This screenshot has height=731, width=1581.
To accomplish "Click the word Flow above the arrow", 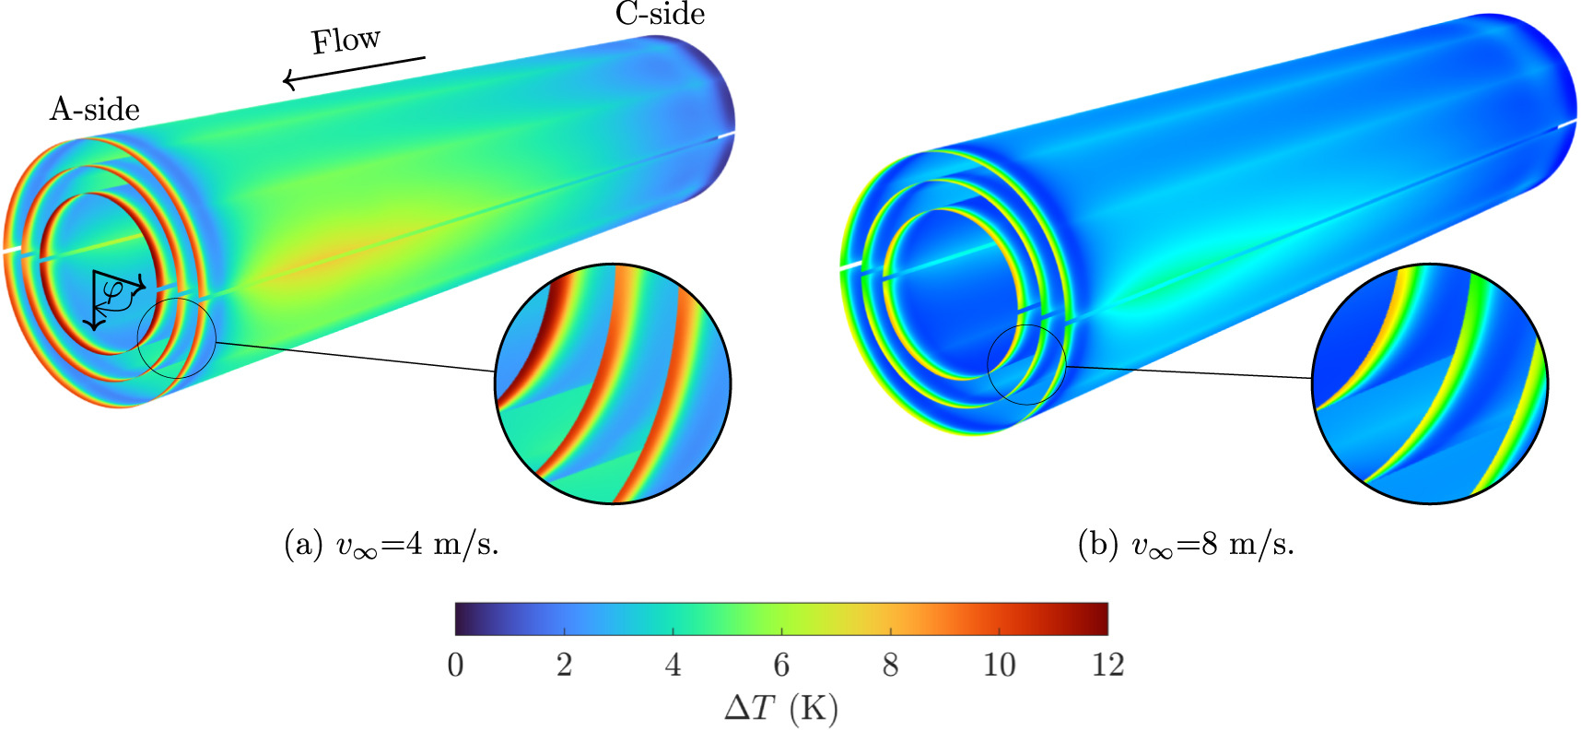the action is click(x=345, y=41).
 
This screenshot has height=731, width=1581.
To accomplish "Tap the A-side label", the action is click(x=95, y=109).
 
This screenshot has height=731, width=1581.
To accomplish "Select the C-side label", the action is click(x=661, y=14).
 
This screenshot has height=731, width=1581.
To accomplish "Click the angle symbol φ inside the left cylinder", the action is click(x=113, y=291).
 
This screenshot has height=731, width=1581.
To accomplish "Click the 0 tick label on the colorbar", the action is click(x=455, y=665).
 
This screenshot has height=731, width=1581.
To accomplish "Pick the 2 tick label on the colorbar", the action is click(x=564, y=665).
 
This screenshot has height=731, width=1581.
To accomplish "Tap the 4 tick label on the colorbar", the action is click(x=673, y=665).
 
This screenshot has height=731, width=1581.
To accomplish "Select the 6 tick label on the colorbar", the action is click(x=781, y=665).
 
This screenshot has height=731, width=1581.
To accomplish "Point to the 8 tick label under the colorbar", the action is click(x=890, y=665).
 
